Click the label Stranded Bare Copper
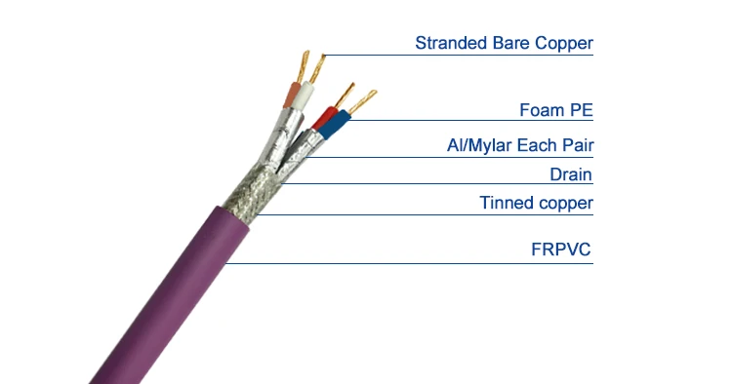coord(504,43)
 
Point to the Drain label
coord(572,174)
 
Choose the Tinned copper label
coord(536,203)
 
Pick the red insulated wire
coord(328,121)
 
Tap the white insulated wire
coord(306,97)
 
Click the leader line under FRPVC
coord(410,263)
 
